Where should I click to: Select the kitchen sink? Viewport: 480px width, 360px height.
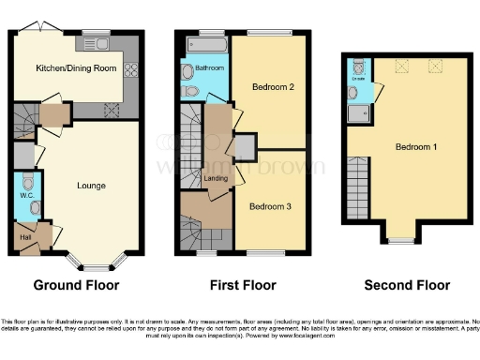(97, 42)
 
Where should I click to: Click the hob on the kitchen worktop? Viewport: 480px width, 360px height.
(131, 68)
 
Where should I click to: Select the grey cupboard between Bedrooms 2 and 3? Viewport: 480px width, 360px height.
(245, 148)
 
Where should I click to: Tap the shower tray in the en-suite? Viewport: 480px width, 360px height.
(357, 114)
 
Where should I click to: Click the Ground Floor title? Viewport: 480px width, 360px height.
(73, 284)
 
